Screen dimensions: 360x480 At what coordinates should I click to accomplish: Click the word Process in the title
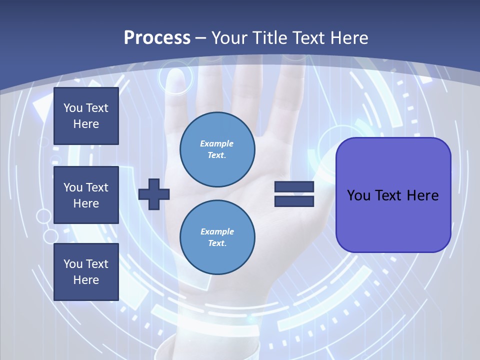[x=157, y=38]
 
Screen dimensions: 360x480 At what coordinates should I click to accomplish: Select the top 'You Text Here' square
[x=86, y=116]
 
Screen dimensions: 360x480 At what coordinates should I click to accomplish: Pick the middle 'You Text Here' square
[x=86, y=195]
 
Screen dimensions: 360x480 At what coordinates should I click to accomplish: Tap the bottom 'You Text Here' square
[x=86, y=272]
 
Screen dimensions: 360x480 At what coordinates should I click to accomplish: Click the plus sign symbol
[x=154, y=194]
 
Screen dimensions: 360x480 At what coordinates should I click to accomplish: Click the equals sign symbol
[x=294, y=194]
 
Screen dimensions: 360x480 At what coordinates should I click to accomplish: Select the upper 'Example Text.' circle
[x=217, y=149]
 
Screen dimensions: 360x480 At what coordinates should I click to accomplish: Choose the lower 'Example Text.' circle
[x=217, y=237]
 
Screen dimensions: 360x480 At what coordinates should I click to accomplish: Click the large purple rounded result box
[x=393, y=195]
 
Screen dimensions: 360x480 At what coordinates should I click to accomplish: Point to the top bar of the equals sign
[x=294, y=187]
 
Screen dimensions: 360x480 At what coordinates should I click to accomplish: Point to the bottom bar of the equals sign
[x=294, y=201]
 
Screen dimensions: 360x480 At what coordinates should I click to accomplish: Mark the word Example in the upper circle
[x=217, y=143]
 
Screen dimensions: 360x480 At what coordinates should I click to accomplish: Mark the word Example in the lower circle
[x=217, y=231]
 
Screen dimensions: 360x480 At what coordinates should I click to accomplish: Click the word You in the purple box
[x=358, y=195]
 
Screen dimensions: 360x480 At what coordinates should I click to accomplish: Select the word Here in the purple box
[x=422, y=195]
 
